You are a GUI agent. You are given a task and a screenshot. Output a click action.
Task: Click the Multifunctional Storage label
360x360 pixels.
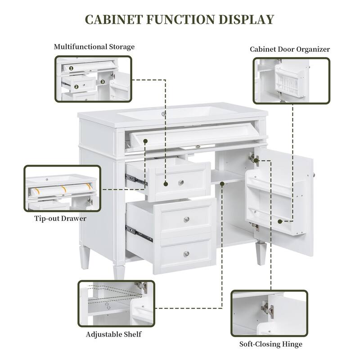[94, 47]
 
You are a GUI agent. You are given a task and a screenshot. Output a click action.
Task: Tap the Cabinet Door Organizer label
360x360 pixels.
[290, 49]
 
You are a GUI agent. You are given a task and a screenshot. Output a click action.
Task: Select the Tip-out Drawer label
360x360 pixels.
[60, 219]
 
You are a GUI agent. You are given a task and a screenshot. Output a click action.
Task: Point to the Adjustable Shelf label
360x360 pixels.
[114, 334]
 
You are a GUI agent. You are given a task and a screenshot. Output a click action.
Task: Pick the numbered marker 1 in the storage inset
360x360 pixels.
[71, 68]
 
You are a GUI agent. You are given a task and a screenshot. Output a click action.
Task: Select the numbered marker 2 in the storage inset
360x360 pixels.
[76, 86]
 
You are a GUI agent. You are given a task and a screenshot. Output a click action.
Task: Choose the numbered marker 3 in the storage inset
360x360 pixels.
[103, 82]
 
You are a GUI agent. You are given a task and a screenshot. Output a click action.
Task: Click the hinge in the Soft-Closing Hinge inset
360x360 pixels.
[268, 309]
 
